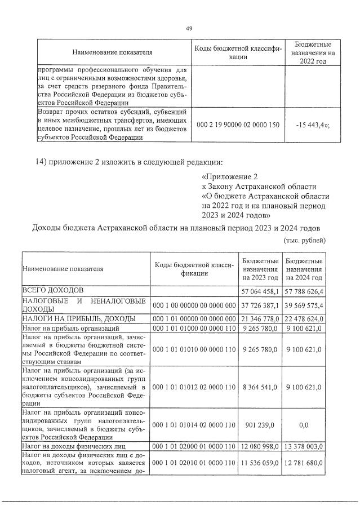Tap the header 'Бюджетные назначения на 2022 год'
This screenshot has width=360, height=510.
point(313,53)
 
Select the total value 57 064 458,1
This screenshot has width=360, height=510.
point(260,291)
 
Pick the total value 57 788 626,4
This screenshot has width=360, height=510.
point(304,291)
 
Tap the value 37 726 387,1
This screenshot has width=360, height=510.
point(260,304)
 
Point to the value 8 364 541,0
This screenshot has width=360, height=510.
point(260,387)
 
